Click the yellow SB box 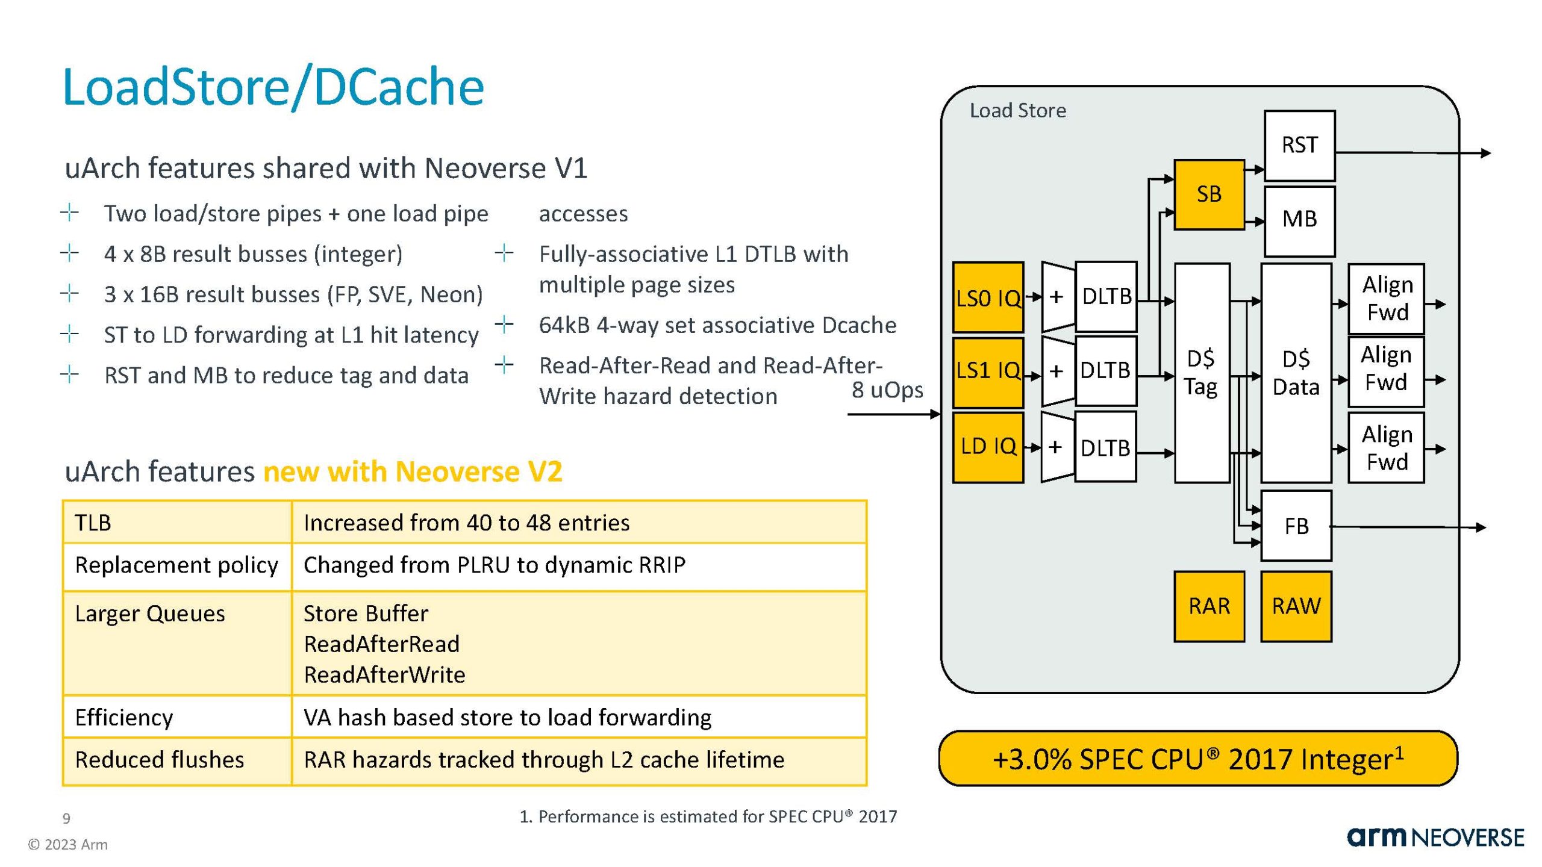coord(1208,194)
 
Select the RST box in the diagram coord(1299,145)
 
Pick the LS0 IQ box coord(987,297)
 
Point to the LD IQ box coord(987,447)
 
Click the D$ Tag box coord(1201,373)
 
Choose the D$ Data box coord(1295,373)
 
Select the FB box coord(1296,526)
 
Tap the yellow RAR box coord(1208,606)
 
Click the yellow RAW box coord(1296,606)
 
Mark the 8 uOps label coord(887,390)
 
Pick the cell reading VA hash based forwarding coord(507,717)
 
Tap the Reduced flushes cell coord(160,760)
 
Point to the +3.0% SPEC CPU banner coord(1197,759)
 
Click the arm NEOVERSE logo coord(1435,837)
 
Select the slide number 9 coord(66,818)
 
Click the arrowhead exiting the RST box coord(1485,154)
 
